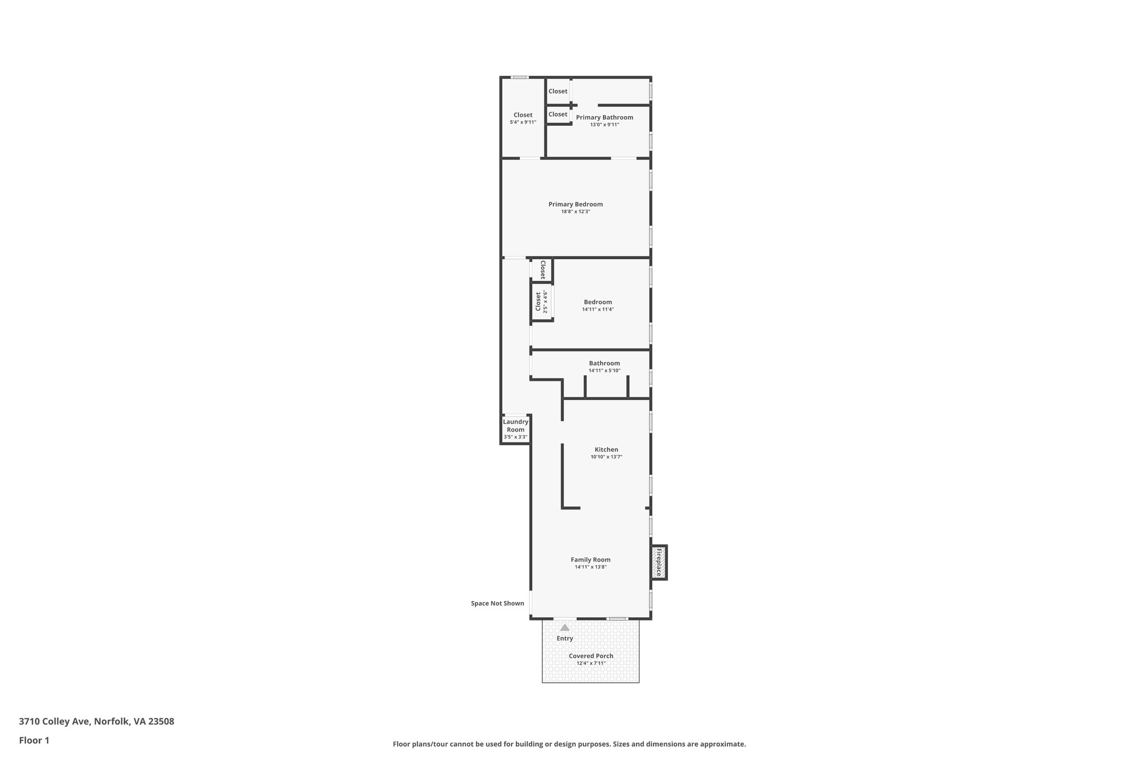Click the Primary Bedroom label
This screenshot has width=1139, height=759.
click(x=575, y=204)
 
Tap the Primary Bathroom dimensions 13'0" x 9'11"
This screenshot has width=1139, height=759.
click(x=604, y=125)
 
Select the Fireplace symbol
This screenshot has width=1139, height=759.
click(x=659, y=562)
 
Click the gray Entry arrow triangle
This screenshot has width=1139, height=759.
click(x=564, y=627)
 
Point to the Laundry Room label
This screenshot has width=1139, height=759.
click(x=516, y=425)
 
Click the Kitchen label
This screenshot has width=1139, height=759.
click(x=606, y=449)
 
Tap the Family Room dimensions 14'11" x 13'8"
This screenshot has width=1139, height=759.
click(x=590, y=567)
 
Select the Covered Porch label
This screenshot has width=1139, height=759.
click(x=591, y=656)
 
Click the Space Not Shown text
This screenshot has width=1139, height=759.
click(x=497, y=603)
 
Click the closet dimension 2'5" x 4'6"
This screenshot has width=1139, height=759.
click(x=545, y=302)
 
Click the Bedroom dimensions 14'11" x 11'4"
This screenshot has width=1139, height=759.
click(x=598, y=309)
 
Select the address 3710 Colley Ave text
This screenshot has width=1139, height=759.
click(x=96, y=722)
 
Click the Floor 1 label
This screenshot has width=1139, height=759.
click(x=34, y=740)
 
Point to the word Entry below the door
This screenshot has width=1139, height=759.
click(x=564, y=638)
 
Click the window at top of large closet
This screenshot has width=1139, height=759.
click(x=520, y=77)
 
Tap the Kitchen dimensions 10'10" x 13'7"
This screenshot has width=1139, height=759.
click(x=606, y=457)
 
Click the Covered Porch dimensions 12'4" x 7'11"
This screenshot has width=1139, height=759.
click(x=591, y=663)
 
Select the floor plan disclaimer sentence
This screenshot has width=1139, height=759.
click(x=569, y=744)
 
